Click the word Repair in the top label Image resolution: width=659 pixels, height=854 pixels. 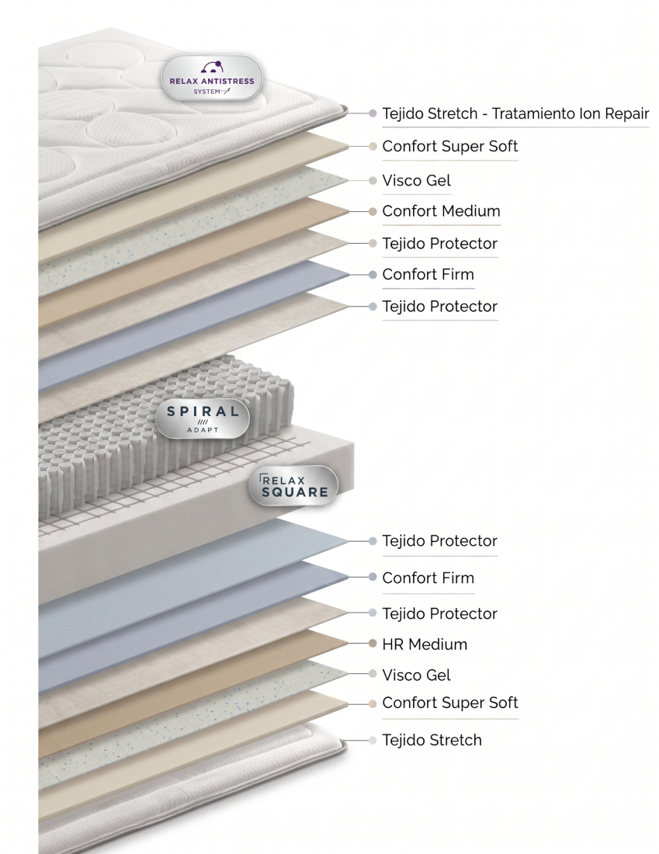click(622, 114)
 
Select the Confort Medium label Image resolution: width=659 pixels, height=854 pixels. click(441, 210)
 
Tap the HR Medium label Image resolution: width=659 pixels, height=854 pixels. click(425, 644)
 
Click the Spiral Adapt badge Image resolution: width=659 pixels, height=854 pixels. click(203, 419)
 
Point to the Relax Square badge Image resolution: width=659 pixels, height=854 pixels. click(293, 486)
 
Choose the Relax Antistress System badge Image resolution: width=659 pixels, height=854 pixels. click(212, 78)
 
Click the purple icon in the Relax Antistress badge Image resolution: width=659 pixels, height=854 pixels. click(212, 67)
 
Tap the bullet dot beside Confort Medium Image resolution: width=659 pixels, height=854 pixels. click(373, 211)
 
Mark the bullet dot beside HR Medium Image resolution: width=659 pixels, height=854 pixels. click(373, 644)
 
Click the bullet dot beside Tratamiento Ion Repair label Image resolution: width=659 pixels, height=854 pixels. click(373, 113)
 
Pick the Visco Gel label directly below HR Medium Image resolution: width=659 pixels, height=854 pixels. click(417, 675)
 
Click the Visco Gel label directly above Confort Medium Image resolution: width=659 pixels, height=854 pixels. click(417, 180)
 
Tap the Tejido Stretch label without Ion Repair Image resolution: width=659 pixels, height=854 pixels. click(432, 740)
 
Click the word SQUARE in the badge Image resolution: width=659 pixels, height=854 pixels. click(295, 492)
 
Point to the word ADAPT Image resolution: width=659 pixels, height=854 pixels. click(203, 430)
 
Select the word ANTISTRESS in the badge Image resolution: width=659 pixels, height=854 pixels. click(227, 82)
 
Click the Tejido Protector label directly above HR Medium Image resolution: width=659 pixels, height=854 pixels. click(440, 614)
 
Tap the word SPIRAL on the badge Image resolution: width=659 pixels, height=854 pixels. click(203, 411)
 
